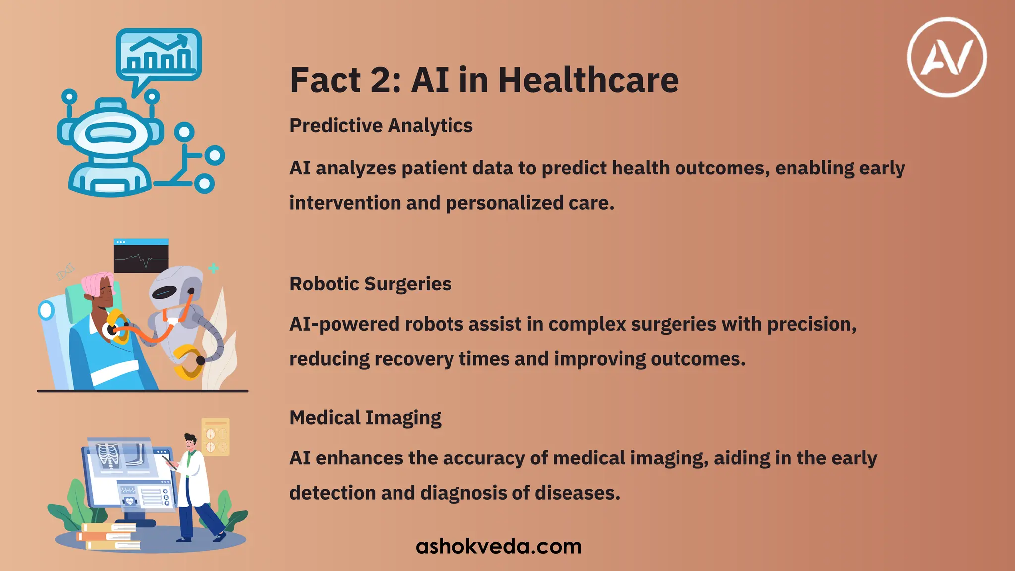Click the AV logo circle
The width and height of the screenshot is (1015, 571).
pos(947,57)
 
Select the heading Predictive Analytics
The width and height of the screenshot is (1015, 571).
pos(381,126)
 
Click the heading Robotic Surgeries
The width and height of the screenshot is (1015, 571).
pos(370,284)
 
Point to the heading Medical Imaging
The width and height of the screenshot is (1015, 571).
pos(365,418)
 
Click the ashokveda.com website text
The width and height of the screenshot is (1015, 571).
pos(499,546)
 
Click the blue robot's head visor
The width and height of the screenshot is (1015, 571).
pos(110,133)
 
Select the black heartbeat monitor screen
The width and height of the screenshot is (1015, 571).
pos(141,257)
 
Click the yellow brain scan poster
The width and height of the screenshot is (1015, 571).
pos(216,437)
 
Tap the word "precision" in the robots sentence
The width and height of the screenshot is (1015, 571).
pos(811,324)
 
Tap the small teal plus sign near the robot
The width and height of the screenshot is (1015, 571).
pos(214,268)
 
